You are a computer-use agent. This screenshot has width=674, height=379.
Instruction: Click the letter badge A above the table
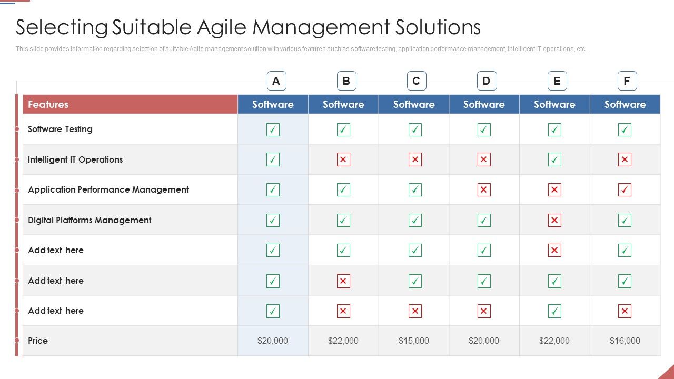point(276,81)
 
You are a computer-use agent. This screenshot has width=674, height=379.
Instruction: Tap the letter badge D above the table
point(486,81)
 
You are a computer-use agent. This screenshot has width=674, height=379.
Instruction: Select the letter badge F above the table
point(627,81)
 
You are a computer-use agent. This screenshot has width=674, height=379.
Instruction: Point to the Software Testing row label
point(60,129)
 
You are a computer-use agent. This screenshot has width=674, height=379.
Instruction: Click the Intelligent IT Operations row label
point(75,159)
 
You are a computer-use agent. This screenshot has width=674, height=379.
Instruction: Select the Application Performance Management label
point(108,189)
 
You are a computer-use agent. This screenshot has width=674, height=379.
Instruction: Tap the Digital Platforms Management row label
point(90,220)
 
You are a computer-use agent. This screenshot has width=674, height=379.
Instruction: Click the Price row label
point(38,341)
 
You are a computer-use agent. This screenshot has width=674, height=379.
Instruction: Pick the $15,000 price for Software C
point(413,341)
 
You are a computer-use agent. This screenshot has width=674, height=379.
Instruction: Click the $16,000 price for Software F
point(625,341)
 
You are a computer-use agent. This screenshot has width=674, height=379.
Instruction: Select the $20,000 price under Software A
point(273,341)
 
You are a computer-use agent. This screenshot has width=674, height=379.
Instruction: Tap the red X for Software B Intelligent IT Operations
point(343,159)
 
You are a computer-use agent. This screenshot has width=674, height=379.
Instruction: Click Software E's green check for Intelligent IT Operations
point(554,159)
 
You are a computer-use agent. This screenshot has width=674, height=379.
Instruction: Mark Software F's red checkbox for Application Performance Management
point(625,189)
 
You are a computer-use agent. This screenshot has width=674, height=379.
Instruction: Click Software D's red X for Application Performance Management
point(484,189)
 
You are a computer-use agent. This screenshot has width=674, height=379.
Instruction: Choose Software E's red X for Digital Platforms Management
point(554,220)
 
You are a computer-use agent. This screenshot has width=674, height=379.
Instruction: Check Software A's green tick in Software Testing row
point(273,129)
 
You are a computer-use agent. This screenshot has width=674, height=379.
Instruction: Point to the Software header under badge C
point(413,104)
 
